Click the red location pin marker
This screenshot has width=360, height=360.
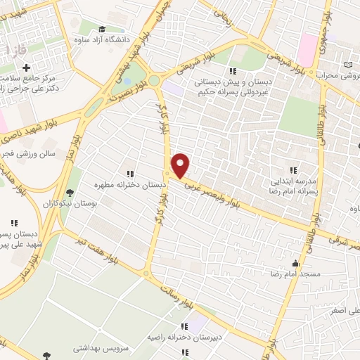pyautogui.click(x=181, y=165)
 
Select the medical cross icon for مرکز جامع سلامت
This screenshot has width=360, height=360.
pyautogui.click(x=27, y=68)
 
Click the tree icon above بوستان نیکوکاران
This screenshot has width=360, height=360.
pyautogui.click(x=69, y=193)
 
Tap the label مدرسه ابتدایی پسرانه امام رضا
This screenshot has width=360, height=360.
pyautogui.click(x=293, y=185)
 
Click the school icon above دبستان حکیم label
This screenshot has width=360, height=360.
pyautogui.click(x=232, y=71)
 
